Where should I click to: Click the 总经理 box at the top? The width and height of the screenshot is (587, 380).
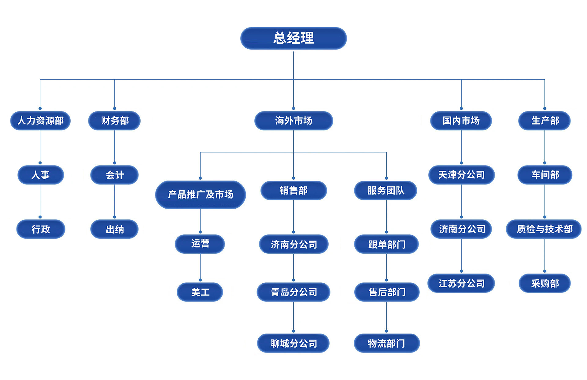click(x=293, y=38)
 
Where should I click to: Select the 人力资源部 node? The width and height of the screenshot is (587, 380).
click(x=40, y=121)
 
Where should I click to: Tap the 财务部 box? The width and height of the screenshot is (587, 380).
click(x=114, y=121)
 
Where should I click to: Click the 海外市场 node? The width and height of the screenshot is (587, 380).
click(x=293, y=121)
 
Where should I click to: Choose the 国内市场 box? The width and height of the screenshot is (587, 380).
click(x=461, y=121)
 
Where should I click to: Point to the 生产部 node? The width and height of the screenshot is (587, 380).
click(x=545, y=121)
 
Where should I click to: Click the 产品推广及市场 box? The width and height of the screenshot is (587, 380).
click(x=200, y=195)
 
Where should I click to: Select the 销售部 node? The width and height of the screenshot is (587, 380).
click(x=293, y=190)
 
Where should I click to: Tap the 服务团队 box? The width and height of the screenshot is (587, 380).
click(x=386, y=190)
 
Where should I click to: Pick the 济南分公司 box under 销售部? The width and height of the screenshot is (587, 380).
click(x=293, y=244)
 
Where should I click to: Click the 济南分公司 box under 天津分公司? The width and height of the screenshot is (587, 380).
click(x=461, y=229)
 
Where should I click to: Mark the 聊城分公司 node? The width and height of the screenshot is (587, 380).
click(x=293, y=343)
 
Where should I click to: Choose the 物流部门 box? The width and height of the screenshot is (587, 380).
click(x=386, y=343)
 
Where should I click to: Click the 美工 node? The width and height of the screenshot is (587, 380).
click(x=200, y=292)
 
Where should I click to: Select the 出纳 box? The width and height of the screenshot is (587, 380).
click(x=114, y=229)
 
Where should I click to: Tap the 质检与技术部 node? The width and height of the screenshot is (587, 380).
click(x=544, y=229)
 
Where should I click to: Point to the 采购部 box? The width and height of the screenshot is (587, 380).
click(x=545, y=283)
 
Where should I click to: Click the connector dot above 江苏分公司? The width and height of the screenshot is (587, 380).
click(x=461, y=271)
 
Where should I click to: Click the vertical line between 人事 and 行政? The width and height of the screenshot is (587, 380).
click(x=40, y=200)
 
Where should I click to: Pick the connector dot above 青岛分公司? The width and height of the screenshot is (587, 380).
click(x=293, y=280)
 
